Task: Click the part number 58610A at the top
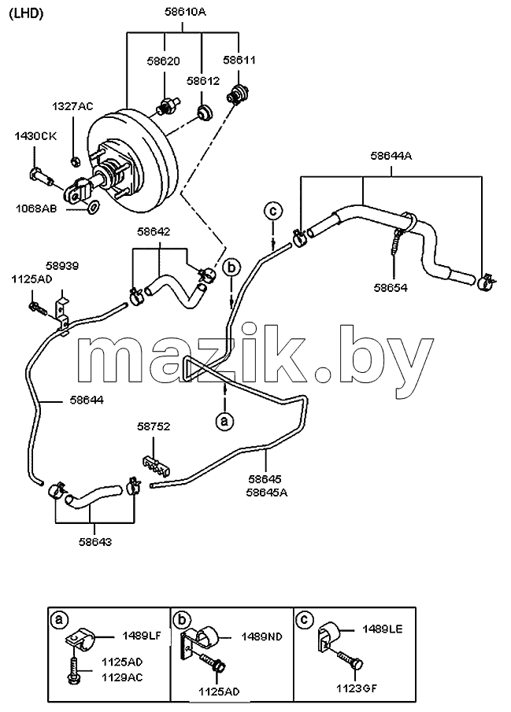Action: [x=184, y=12]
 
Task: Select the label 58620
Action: [x=163, y=61]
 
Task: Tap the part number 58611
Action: [x=239, y=60]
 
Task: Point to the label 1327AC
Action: [x=72, y=106]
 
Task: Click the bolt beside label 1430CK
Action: [x=40, y=175]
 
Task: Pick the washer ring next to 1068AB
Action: [x=93, y=207]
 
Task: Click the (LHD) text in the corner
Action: [x=26, y=13]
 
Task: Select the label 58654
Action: [x=391, y=287]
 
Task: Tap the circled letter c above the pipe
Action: [x=272, y=211]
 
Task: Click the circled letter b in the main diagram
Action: [x=231, y=268]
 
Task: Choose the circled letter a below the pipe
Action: [x=224, y=421]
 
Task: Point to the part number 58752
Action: [x=154, y=426]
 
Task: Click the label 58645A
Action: [x=267, y=492]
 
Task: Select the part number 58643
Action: [x=95, y=542]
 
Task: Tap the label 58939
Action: [x=62, y=266]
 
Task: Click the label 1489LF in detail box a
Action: [x=142, y=636]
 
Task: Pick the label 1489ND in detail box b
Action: [x=262, y=636]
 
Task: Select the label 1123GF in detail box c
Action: [x=357, y=688]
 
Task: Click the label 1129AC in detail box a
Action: [x=122, y=677]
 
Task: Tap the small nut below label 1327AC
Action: [x=76, y=160]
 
